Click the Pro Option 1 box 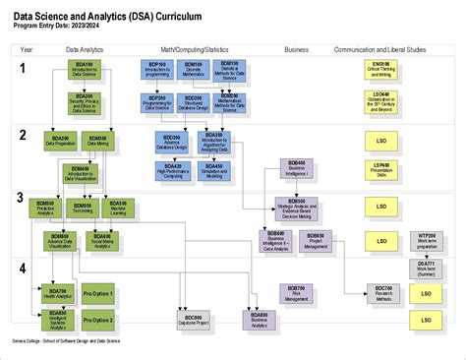pyautogui.click(x=97, y=294)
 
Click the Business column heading pyautogui.click(x=296, y=48)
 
